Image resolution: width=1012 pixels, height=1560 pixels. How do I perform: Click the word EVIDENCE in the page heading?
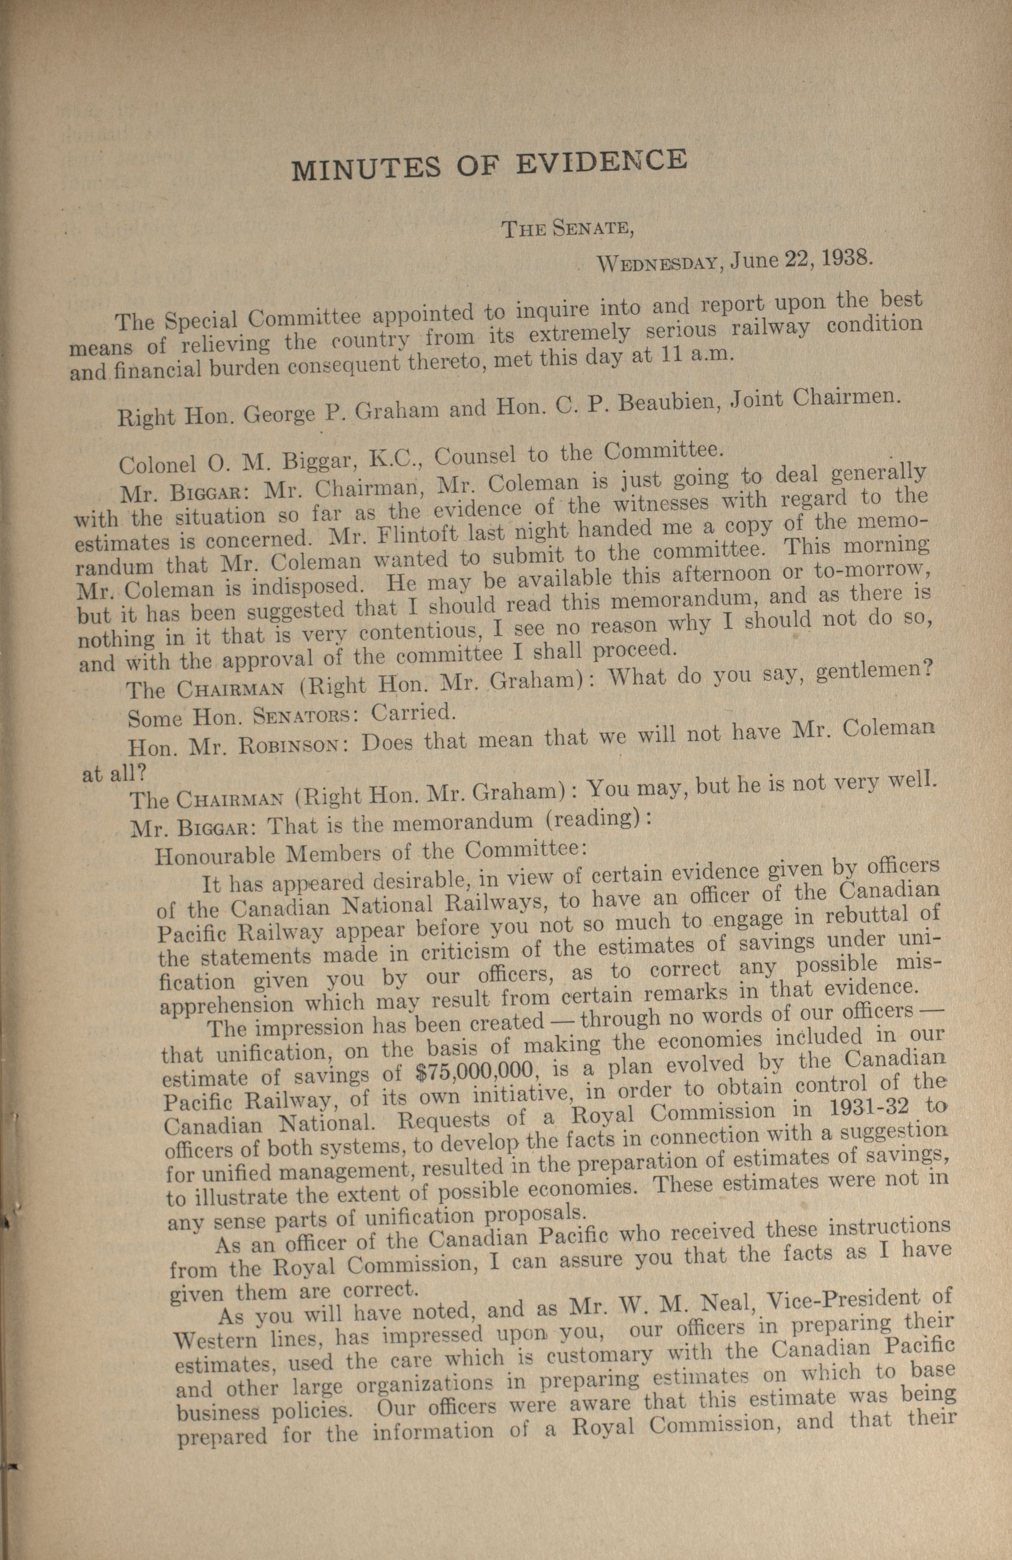click(x=601, y=162)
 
